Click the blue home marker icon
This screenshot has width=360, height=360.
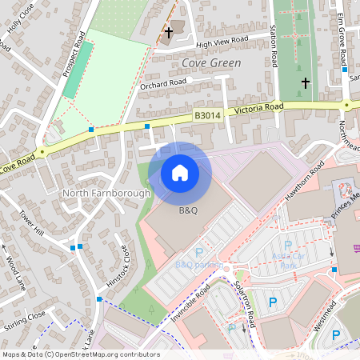click(x=180, y=173)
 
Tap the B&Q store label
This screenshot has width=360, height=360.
click(x=188, y=210)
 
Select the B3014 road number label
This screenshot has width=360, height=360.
click(x=207, y=116)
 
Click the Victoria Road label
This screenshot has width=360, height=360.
click(x=258, y=107)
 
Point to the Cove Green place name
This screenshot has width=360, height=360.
click(x=206, y=62)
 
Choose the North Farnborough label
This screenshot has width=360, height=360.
click(x=106, y=194)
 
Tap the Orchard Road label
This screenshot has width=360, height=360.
click(x=162, y=82)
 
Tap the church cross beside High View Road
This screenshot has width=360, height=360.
click(x=169, y=33)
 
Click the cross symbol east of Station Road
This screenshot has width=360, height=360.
click(x=305, y=82)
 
